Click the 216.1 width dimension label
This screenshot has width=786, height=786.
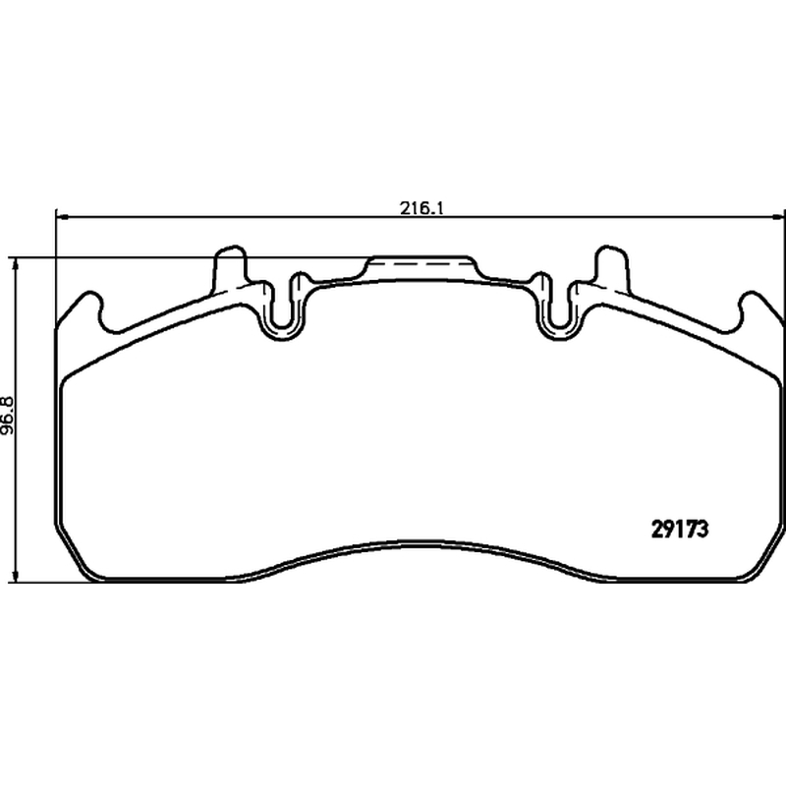(x=421, y=207)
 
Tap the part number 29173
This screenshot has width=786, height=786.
(x=680, y=530)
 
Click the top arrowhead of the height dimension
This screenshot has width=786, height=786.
(x=17, y=264)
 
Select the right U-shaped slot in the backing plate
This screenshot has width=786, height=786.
(x=559, y=312)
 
